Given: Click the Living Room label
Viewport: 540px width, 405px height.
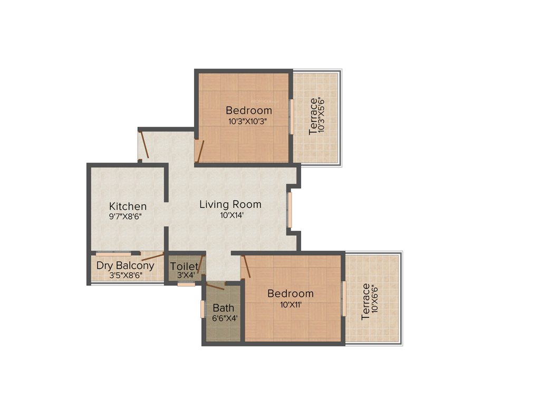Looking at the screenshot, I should pyautogui.click(x=230, y=204).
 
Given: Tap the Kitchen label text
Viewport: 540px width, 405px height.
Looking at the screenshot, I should pyautogui.click(x=128, y=206).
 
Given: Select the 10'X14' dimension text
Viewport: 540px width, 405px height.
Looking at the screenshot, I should pyautogui.click(x=230, y=215).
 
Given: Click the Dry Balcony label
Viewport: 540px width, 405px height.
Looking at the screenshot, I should pyautogui.click(x=126, y=265).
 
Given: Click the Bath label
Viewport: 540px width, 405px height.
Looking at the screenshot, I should pyautogui.click(x=224, y=308).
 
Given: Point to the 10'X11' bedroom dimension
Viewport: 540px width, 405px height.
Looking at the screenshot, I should pyautogui.click(x=290, y=304).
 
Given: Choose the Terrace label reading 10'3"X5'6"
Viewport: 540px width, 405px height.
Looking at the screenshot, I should pyautogui.click(x=317, y=116).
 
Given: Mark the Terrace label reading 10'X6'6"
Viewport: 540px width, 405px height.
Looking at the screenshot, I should pyautogui.click(x=370, y=302).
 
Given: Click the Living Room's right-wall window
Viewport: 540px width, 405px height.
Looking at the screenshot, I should pyautogui.click(x=289, y=210).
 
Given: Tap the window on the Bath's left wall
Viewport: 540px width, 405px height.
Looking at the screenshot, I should pyautogui.click(x=202, y=310).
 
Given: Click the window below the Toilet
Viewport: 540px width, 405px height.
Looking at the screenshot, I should pyautogui.click(x=186, y=284).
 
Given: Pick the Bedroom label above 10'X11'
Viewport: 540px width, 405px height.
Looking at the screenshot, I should pyautogui.click(x=290, y=294).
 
